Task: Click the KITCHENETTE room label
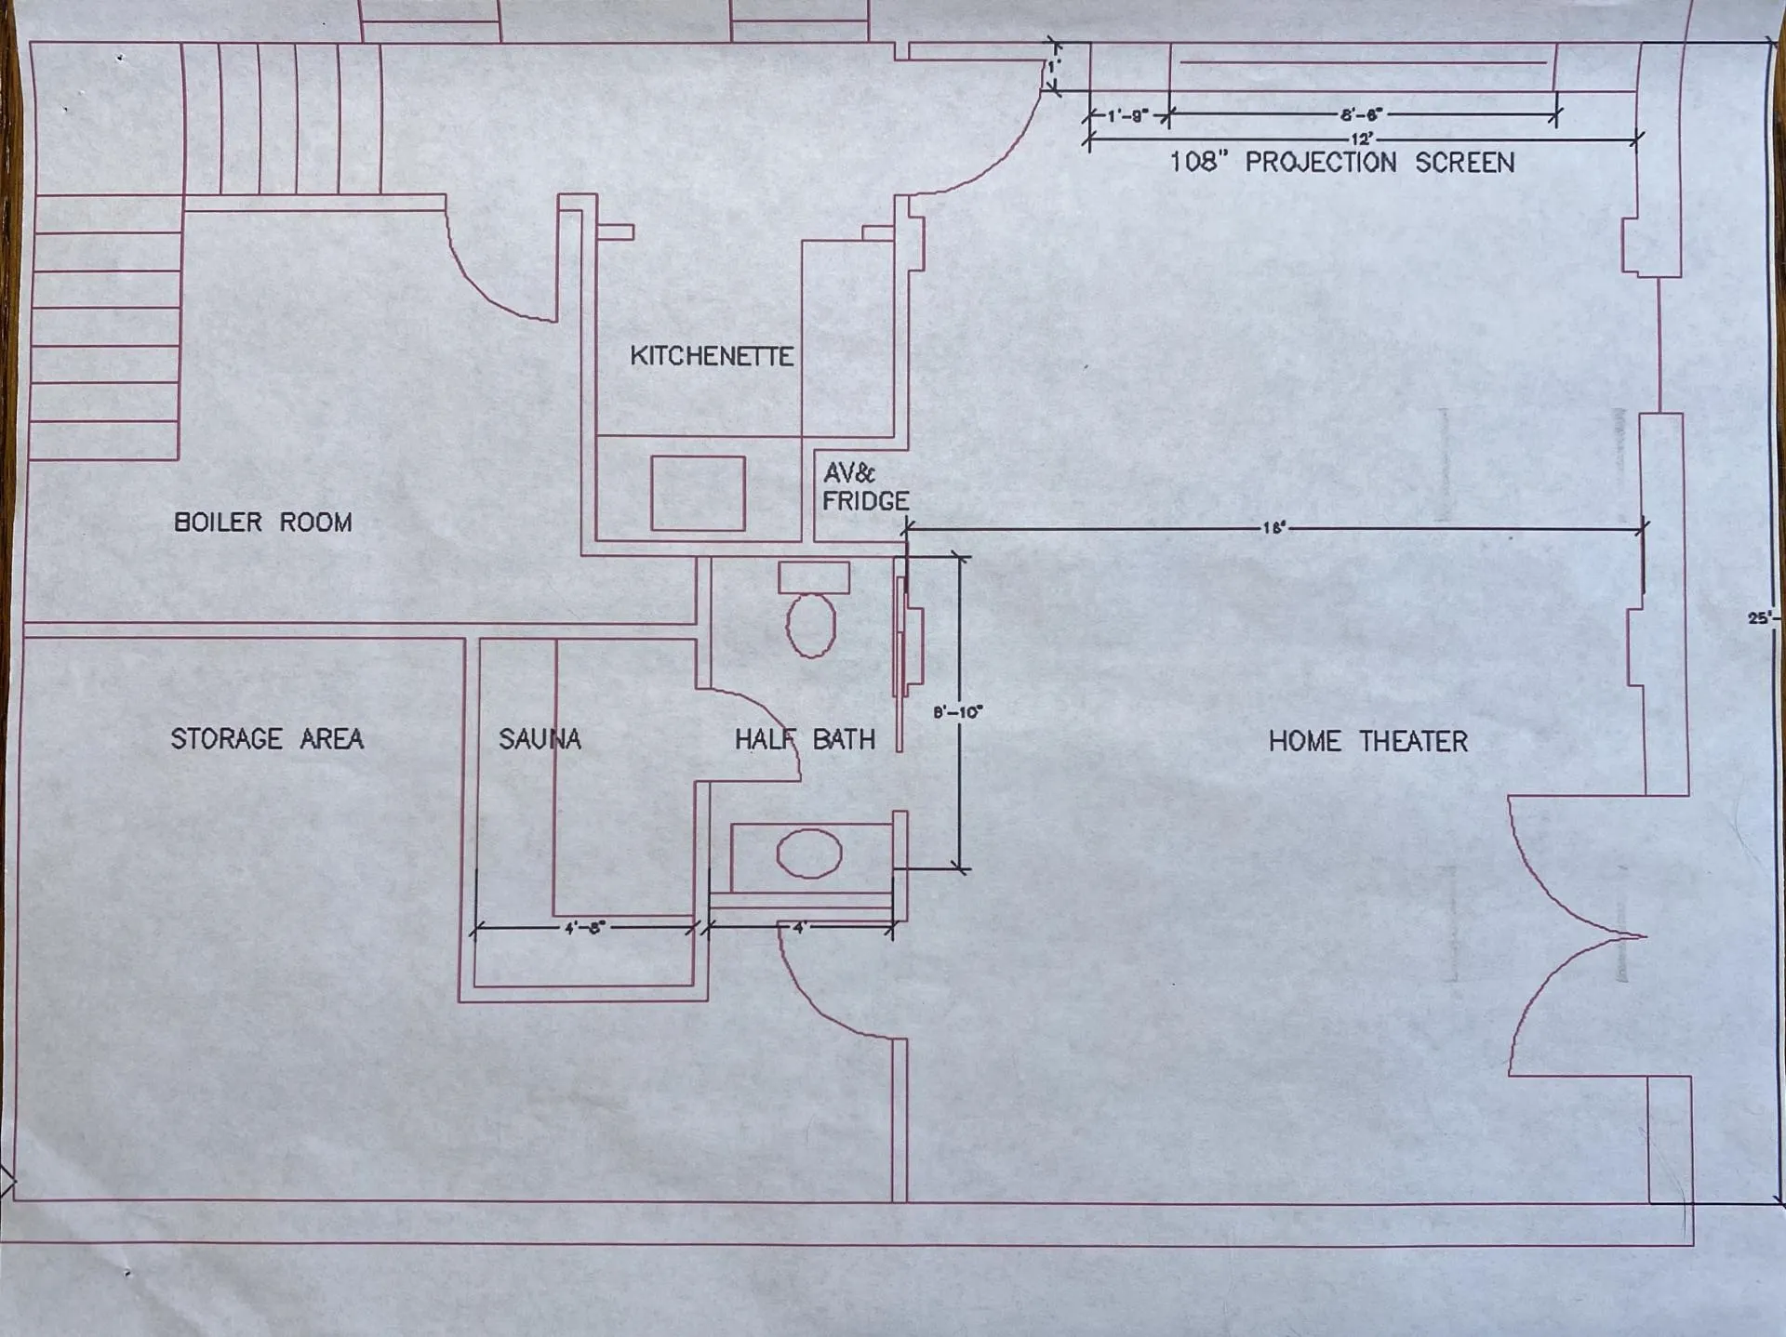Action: (712, 356)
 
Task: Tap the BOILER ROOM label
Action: (263, 522)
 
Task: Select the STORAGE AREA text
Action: (267, 739)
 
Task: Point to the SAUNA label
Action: (540, 739)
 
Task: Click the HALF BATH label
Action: (805, 739)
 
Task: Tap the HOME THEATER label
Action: (1367, 741)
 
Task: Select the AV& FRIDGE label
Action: (865, 487)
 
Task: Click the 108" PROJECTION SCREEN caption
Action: (1341, 163)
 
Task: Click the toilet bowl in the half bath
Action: (811, 625)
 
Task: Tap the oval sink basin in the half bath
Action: (809, 854)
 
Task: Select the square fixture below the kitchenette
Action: (698, 493)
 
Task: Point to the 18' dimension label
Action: (1273, 528)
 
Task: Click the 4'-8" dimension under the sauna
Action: (584, 927)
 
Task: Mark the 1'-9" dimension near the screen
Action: (1127, 116)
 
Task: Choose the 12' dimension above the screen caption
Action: (1362, 139)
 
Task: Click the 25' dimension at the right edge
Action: (1760, 617)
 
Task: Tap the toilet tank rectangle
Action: (814, 577)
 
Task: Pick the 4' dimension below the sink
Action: (798, 927)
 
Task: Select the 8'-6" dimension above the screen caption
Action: (1362, 115)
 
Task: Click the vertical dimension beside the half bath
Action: (957, 712)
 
